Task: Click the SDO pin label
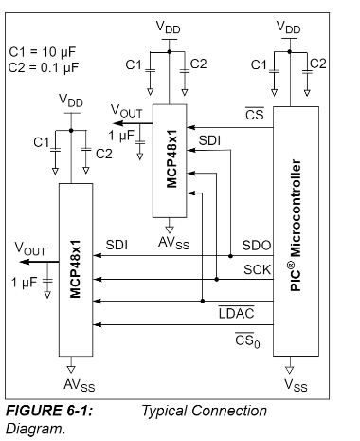(x=257, y=245)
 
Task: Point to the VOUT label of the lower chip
(x=31, y=249)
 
